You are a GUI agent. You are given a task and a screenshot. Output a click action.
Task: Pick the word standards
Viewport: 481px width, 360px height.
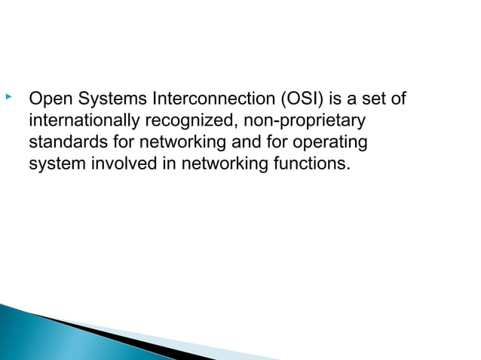(63, 142)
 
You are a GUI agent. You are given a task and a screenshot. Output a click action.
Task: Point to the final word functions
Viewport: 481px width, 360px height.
(311, 163)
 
